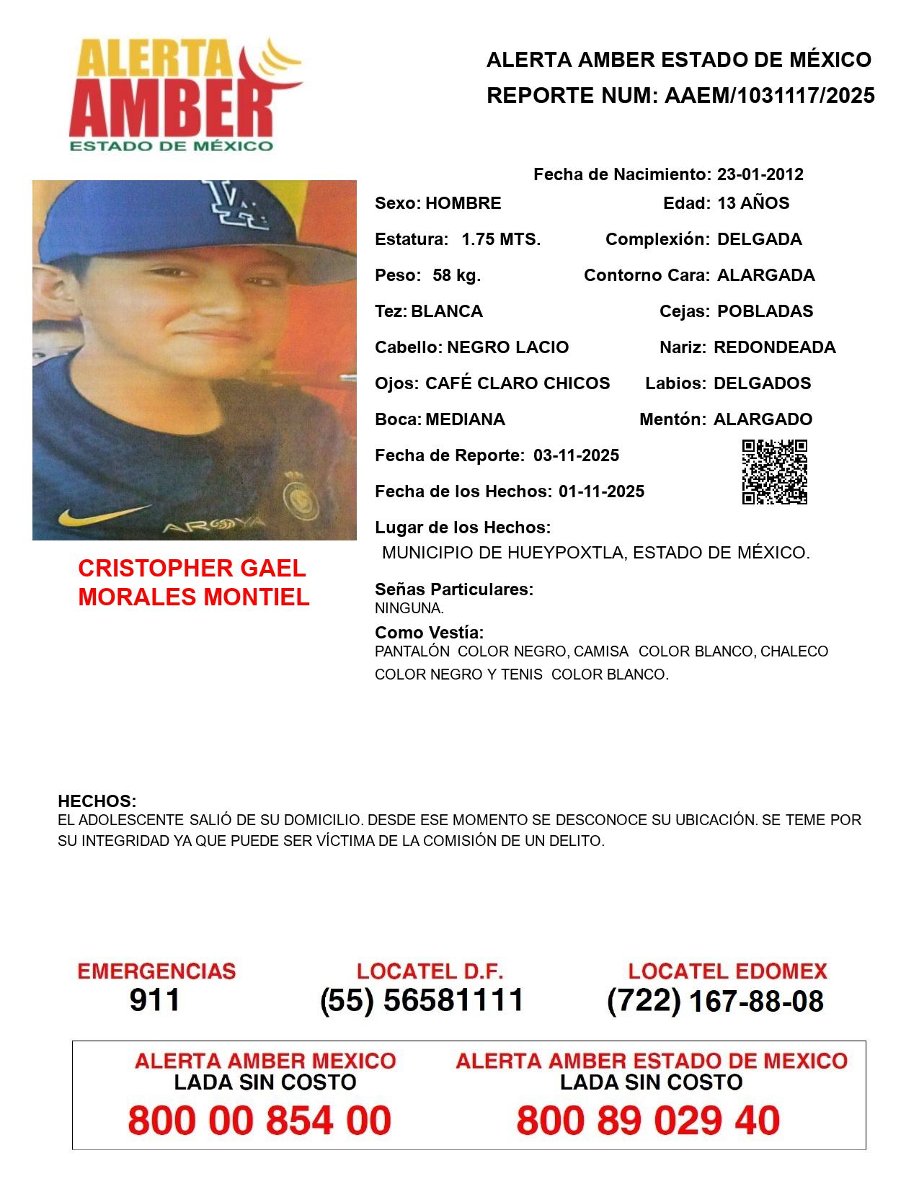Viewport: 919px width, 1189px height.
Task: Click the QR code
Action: (x=775, y=472)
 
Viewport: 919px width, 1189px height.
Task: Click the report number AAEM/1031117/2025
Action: (x=769, y=96)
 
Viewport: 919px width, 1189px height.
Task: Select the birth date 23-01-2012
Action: (x=760, y=174)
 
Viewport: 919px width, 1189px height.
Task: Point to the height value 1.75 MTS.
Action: (x=501, y=239)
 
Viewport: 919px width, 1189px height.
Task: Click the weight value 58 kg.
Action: (x=456, y=275)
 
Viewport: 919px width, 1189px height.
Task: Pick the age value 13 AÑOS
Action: (x=753, y=203)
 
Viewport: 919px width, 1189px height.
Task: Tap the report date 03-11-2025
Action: (x=576, y=455)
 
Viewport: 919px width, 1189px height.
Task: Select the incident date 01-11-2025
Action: (x=601, y=491)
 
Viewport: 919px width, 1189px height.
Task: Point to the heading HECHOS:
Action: (x=97, y=801)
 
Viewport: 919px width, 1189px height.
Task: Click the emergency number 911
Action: (x=155, y=1000)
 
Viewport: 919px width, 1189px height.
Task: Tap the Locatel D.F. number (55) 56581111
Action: (x=422, y=1000)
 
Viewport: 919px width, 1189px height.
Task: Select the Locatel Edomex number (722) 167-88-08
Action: (x=715, y=1001)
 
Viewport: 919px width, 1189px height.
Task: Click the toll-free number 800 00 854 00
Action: (x=259, y=1121)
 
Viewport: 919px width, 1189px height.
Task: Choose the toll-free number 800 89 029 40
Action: (x=648, y=1121)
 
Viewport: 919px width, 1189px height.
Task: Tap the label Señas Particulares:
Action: (x=453, y=589)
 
